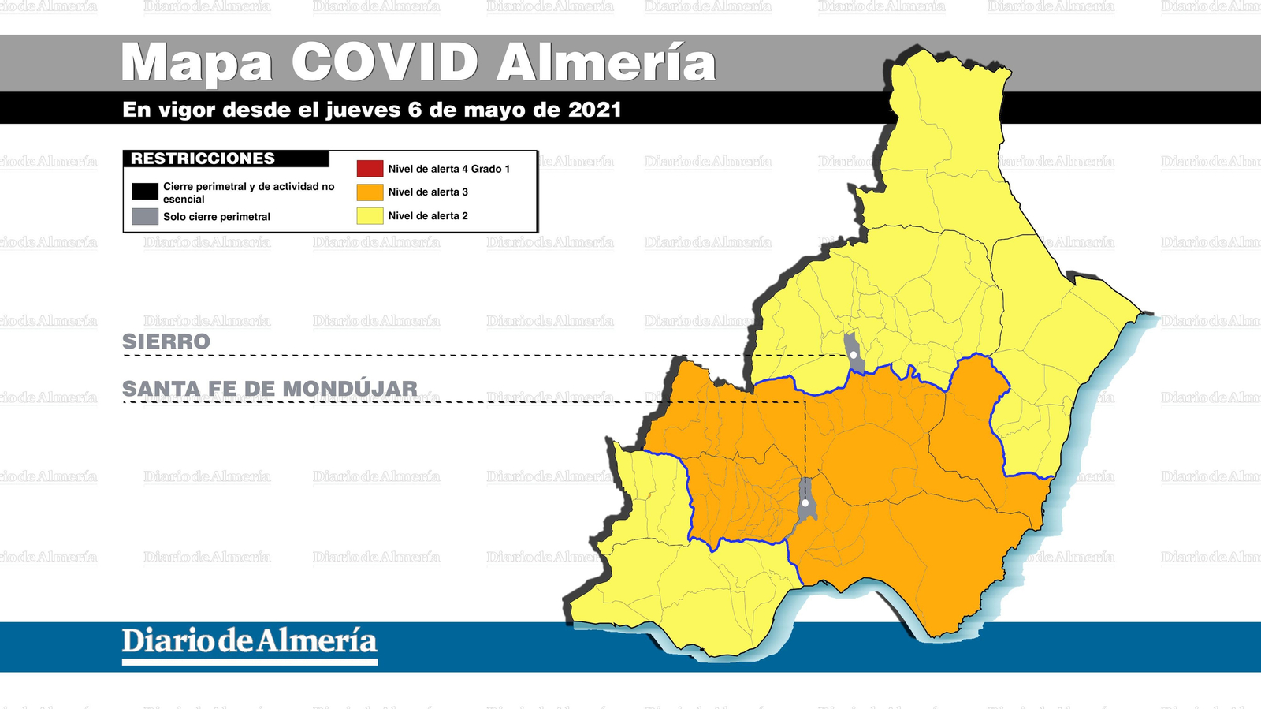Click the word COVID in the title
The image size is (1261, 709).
(x=385, y=62)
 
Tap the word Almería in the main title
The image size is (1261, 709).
(x=606, y=62)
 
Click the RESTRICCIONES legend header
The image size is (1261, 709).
(x=203, y=159)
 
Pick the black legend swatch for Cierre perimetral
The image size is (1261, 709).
(x=145, y=192)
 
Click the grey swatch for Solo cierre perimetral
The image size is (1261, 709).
(x=145, y=217)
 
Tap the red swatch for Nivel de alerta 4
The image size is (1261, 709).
(x=370, y=169)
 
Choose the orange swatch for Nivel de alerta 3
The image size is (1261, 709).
(x=370, y=192)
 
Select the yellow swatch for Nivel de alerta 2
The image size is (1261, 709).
(x=370, y=215)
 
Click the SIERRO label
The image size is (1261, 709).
(x=166, y=341)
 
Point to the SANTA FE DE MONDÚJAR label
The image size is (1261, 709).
(x=270, y=389)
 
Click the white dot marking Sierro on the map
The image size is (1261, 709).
(x=854, y=355)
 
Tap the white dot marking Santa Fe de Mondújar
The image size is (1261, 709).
(x=805, y=503)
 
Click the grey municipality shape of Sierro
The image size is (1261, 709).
(x=851, y=345)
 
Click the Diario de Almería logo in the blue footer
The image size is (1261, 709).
(x=249, y=640)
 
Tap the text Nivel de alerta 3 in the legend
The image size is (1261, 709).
(x=428, y=192)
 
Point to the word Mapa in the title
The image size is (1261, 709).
(x=197, y=62)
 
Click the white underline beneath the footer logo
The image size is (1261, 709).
(x=249, y=662)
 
